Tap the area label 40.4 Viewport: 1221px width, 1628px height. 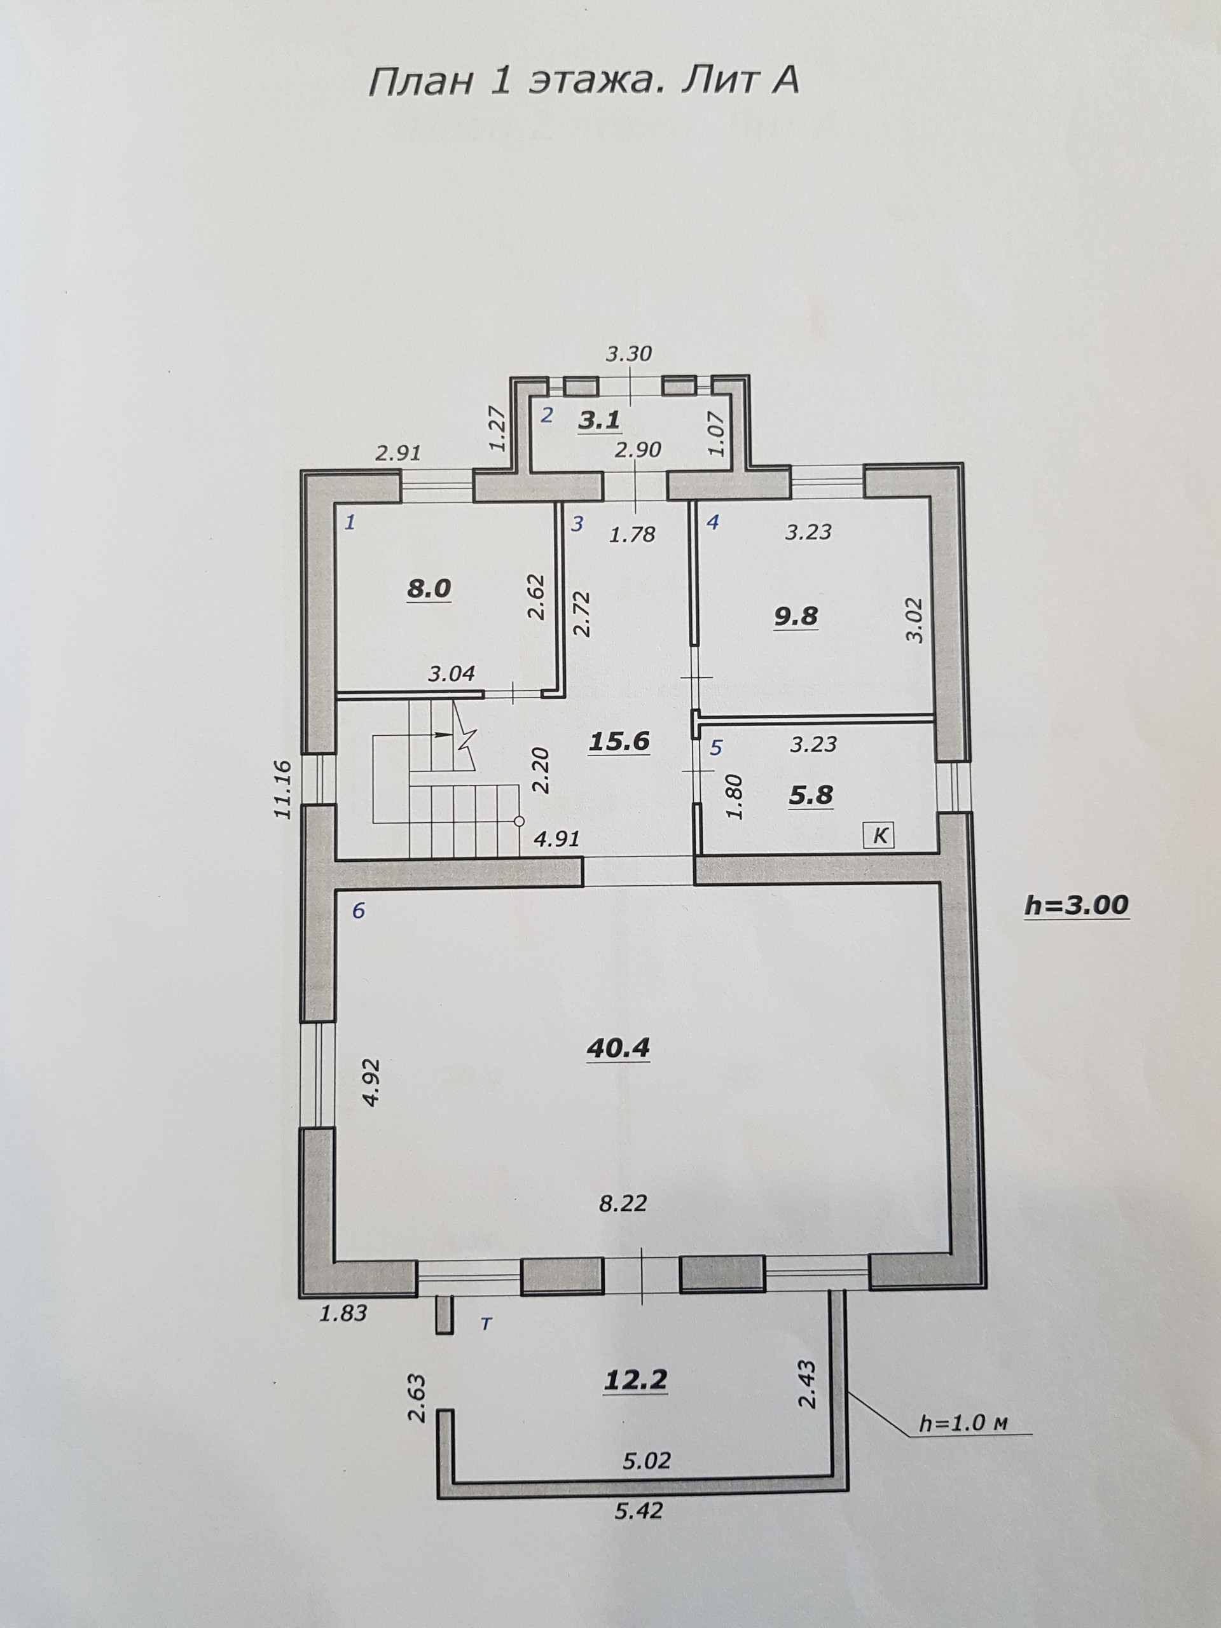coord(617,1047)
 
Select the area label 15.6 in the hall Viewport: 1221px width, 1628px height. coord(619,741)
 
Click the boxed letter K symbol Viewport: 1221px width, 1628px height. coord(880,836)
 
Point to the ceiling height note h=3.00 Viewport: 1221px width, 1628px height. coord(1075,906)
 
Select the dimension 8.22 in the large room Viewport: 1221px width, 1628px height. coord(622,1203)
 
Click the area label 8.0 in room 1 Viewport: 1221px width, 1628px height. coord(429,589)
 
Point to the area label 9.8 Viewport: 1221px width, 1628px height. coord(796,616)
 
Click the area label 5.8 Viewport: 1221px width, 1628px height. coord(810,795)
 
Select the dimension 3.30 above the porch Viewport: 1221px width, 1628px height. coord(628,354)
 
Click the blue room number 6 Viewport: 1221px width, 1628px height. coord(359,911)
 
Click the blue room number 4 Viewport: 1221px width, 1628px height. coord(712,523)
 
